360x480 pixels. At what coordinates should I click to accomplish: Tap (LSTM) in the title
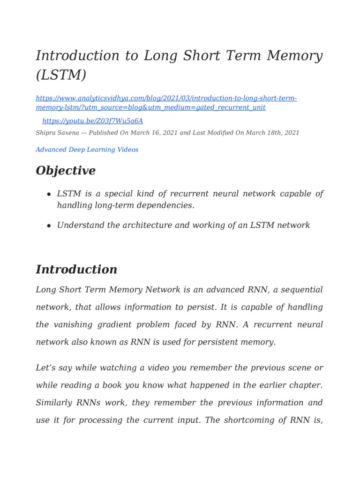click(61, 75)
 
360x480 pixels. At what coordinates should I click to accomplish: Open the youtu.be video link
click(92, 121)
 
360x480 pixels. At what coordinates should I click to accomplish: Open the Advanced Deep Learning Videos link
click(87, 150)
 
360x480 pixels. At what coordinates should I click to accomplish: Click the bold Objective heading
click(66, 171)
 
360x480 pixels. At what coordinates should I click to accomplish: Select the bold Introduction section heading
click(76, 270)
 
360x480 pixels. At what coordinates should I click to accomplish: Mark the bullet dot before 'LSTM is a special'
click(49, 195)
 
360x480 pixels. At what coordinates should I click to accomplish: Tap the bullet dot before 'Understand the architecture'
click(49, 225)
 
